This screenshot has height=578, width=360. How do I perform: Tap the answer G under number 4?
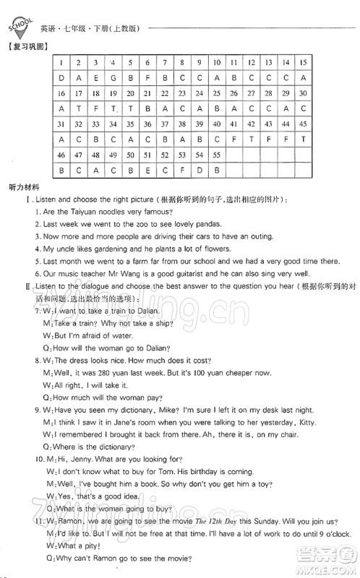tap(113, 78)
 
